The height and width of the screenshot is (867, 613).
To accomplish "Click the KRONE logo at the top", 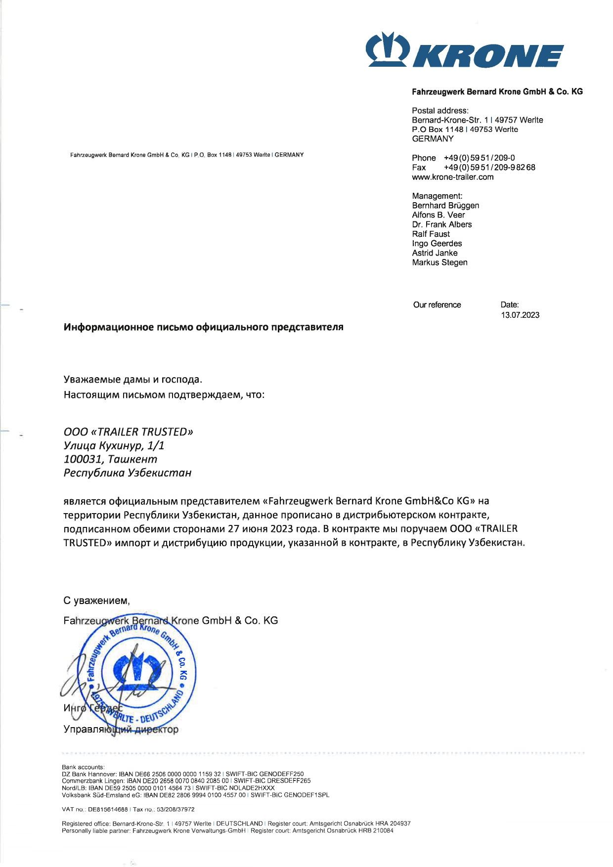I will [464, 50].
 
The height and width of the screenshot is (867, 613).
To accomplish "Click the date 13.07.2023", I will [520, 315].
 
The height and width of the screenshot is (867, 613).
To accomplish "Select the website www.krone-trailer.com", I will [452, 177].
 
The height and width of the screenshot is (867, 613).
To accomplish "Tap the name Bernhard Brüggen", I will [445, 206].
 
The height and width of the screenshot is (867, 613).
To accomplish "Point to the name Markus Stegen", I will [439, 262].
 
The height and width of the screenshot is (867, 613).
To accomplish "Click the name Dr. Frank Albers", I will [442, 224].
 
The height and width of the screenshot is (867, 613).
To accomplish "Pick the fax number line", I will [473, 168].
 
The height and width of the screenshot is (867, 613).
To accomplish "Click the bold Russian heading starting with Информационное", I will [203, 327].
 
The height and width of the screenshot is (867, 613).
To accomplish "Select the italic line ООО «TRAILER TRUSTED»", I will [128, 432].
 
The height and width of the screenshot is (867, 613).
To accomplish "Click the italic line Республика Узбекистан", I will [127, 473].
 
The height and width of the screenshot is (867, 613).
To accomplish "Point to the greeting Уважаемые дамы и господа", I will [132, 380].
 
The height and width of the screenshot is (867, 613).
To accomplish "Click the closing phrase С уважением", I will [96, 601].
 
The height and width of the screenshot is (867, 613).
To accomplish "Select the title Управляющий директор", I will [121, 730].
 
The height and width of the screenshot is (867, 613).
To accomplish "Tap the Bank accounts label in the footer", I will [83, 767].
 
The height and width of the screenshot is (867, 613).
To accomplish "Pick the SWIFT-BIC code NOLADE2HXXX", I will [252, 788].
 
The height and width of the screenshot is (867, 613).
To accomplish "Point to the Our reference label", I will [437, 305].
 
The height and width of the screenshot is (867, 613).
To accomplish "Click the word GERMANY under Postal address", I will [433, 139].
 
